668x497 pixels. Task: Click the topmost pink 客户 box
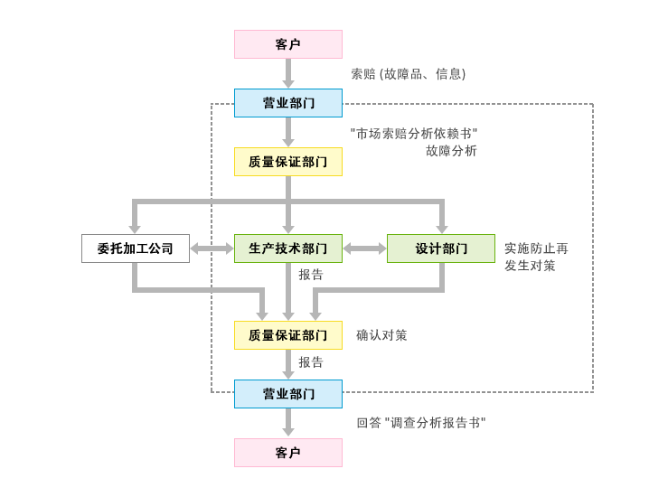pyautogui.click(x=288, y=44)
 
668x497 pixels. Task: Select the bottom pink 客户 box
pyautogui.click(x=288, y=453)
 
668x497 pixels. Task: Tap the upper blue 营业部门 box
pyautogui.click(x=288, y=103)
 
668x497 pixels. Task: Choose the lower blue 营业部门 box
pyautogui.click(x=288, y=394)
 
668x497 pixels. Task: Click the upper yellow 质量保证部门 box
pyautogui.click(x=288, y=162)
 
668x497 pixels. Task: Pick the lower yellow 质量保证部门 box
pyautogui.click(x=288, y=335)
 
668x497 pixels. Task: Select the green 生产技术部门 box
pyautogui.click(x=288, y=248)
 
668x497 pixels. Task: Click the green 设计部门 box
pyautogui.click(x=441, y=248)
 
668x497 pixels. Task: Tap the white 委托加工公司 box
pyautogui.click(x=136, y=248)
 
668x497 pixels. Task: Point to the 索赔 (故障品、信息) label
pyautogui.click(x=409, y=74)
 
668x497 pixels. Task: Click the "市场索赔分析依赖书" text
pyautogui.click(x=414, y=134)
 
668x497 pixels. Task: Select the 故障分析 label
pyautogui.click(x=451, y=151)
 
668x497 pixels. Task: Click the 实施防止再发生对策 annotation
pyautogui.click(x=536, y=257)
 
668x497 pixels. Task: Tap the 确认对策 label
pyautogui.click(x=381, y=335)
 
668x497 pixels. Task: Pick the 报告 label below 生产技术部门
pyautogui.click(x=311, y=274)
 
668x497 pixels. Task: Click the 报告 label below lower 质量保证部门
pyautogui.click(x=311, y=361)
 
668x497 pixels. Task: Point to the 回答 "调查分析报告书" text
pyautogui.click(x=421, y=422)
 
